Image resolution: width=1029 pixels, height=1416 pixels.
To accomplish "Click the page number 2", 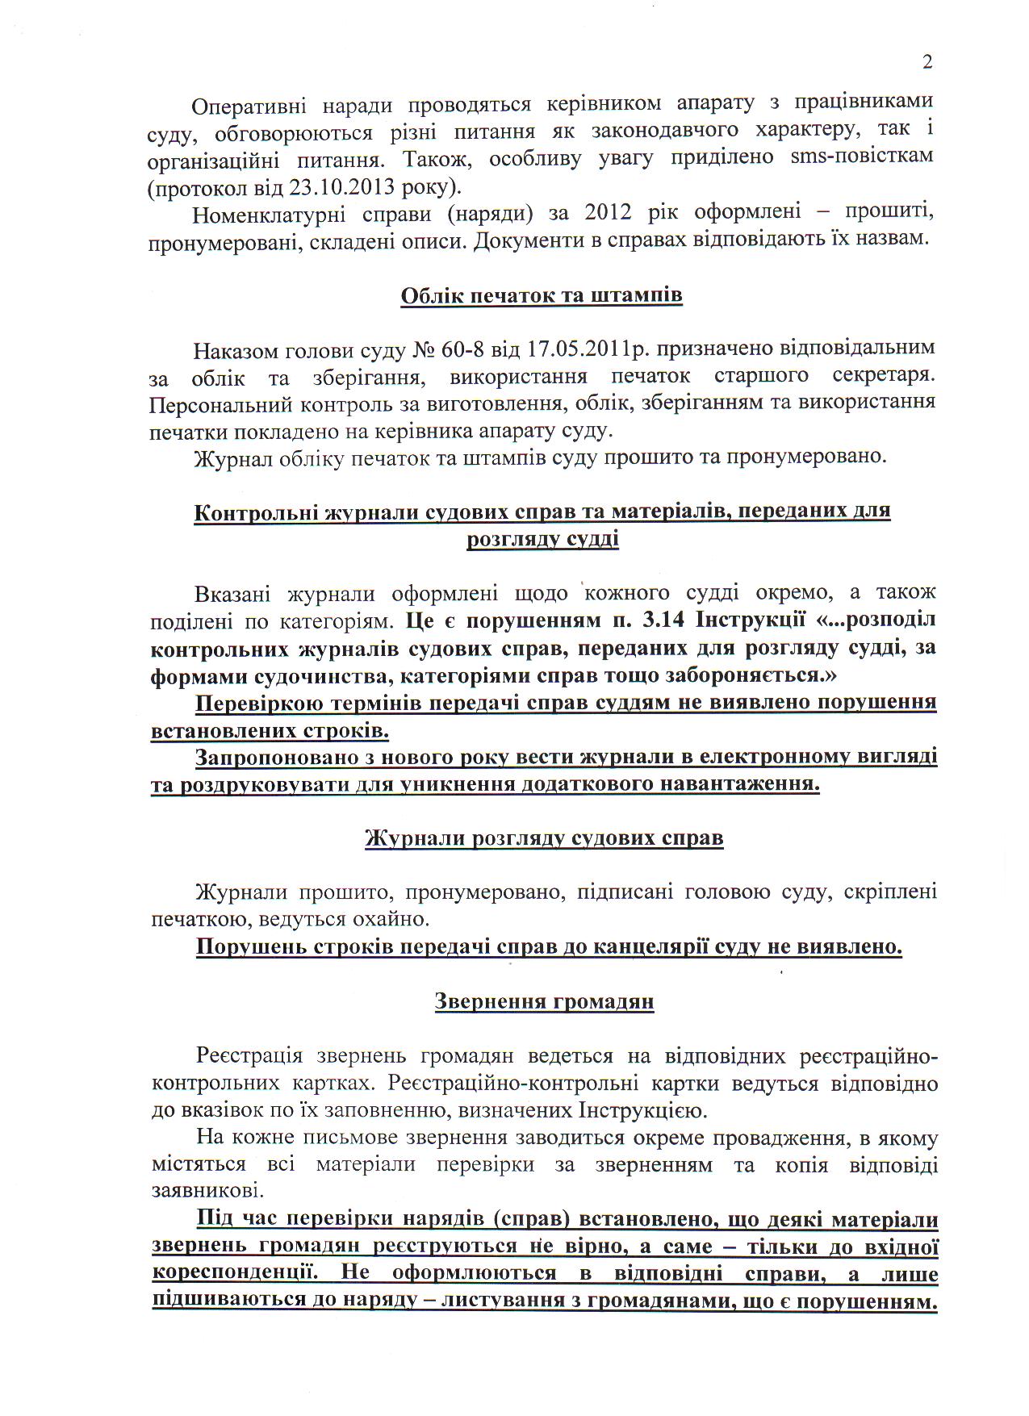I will (x=927, y=62).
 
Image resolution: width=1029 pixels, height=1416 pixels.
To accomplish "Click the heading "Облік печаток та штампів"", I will (x=542, y=295).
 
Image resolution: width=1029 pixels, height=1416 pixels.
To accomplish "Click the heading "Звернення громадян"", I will (x=544, y=1001).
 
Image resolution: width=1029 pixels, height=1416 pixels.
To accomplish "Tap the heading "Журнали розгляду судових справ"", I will (x=544, y=838).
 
